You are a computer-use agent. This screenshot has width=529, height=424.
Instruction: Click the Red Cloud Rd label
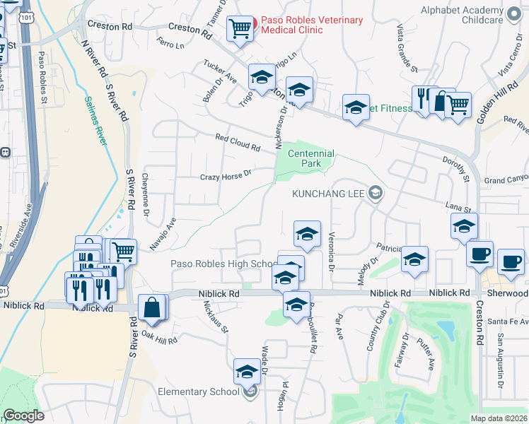tap(238, 142)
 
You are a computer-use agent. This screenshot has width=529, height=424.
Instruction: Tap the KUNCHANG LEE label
tap(329, 193)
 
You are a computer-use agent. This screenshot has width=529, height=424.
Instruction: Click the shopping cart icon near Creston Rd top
tap(240, 28)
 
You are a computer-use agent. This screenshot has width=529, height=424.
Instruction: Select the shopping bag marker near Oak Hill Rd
tap(152, 307)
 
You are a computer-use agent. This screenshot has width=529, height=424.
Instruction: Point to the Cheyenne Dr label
tap(146, 194)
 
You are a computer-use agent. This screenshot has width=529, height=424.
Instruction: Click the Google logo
tap(23, 416)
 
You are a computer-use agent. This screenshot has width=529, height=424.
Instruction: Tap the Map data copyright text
tap(499, 418)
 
